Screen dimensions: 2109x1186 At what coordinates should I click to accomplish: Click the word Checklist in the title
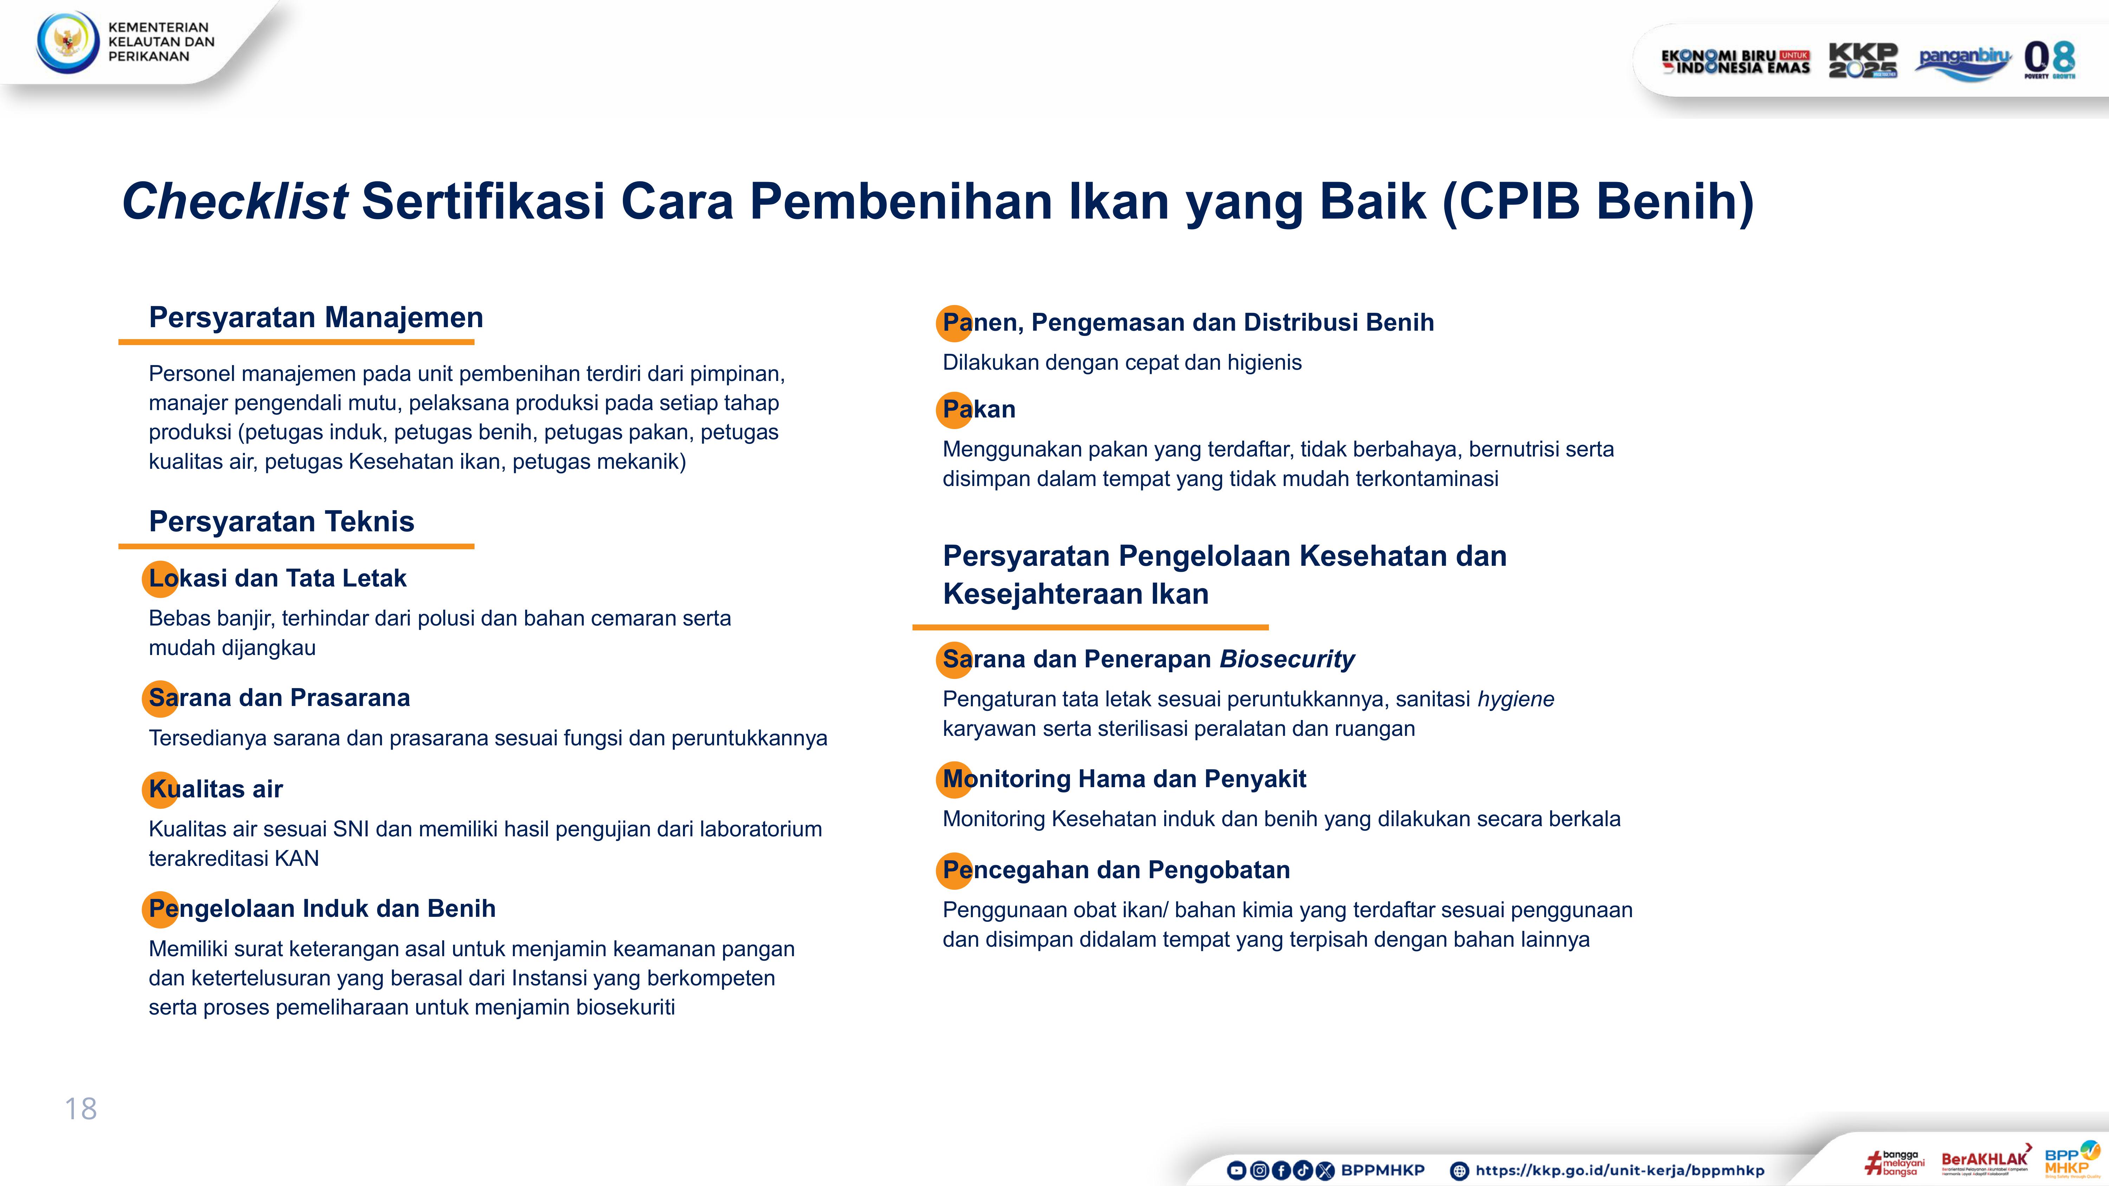(235, 201)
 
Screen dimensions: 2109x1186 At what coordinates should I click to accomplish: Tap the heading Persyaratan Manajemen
(316, 318)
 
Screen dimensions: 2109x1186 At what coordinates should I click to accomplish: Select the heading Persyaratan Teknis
(282, 521)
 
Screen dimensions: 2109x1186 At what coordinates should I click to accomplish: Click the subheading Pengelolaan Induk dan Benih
(322, 908)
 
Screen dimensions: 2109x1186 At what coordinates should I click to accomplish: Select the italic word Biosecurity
(1287, 659)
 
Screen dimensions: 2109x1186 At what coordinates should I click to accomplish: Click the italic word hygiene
(1515, 699)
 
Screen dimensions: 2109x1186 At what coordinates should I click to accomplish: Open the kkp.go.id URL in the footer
(1619, 1171)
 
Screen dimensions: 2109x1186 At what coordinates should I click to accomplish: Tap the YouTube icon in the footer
(1236, 1171)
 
